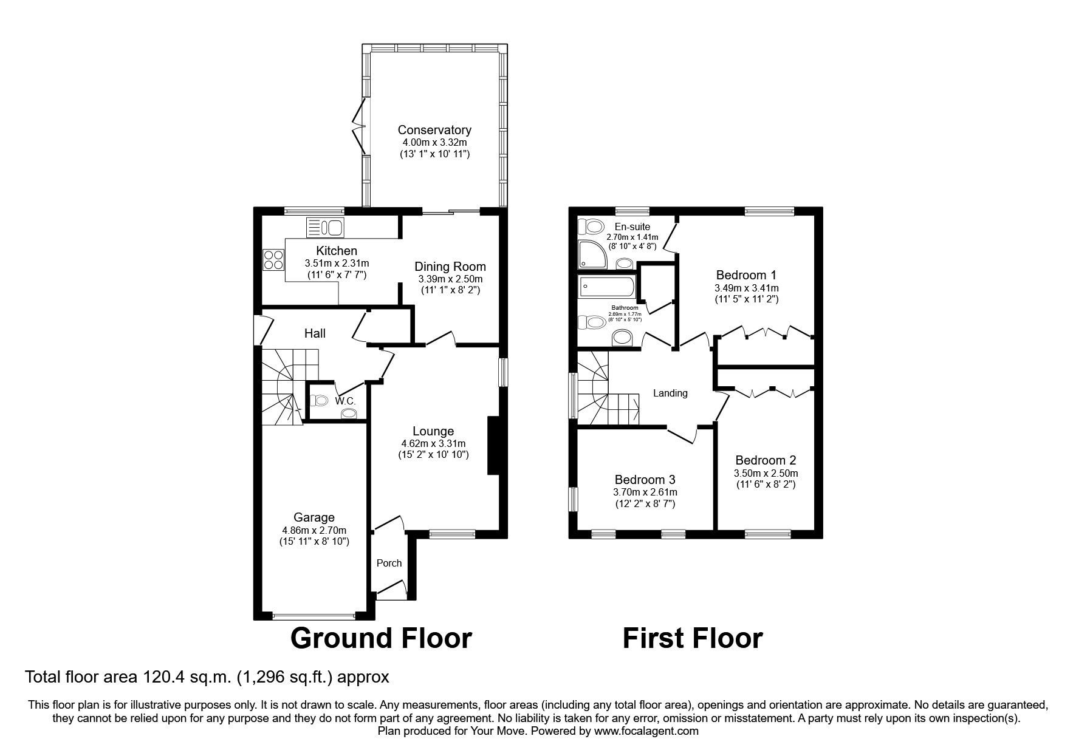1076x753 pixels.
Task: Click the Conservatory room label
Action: click(x=434, y=130)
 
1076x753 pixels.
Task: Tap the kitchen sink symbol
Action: click(x=326, y=228)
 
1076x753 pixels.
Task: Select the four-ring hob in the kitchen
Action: click(x=272, y=259)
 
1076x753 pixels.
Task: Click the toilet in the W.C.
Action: click(x=318, y=400)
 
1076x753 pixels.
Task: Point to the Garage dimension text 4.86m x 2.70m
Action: click(x=314, y=530)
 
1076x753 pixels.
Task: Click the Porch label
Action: click(x=389, y=563)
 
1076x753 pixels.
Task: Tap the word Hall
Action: click(x=315, y=333)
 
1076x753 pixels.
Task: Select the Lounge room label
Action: click(x=433, y=431)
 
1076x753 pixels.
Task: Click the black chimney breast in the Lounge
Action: click(x=493, y=445)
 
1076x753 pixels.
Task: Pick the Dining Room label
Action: click(x=450, y=266)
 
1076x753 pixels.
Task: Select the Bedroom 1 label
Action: click(x=747, y=274)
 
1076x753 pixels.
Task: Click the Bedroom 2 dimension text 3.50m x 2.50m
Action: click(x=766, y=473)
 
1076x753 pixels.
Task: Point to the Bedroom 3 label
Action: click(x=645, y=479)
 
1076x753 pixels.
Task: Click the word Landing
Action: click(x=670, y=393)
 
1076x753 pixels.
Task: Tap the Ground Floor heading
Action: click(x=381, y=638)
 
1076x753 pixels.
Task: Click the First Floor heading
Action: click(x=693, y=638)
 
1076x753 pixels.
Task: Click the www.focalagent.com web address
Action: click(x=646, y=731)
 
